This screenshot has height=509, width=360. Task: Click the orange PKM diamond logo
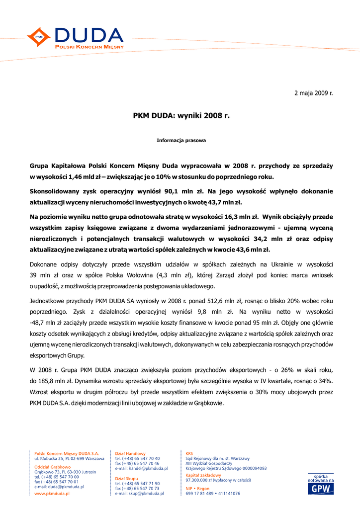(x=39, y=37)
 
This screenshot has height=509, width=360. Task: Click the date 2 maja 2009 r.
(x=313, y=93)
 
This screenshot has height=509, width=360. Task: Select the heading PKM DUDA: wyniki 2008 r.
(x=181, y=116)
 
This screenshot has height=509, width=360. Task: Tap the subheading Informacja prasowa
(x=181, y=141)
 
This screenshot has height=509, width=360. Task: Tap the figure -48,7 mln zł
(x=51, y=323)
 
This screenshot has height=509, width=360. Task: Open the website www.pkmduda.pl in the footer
(x=52, y=494)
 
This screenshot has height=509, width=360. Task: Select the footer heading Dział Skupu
(x=127, y=479)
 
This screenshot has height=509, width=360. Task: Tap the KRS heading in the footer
(x=189, y=453)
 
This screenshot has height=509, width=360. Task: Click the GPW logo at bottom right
(x=320, y=489)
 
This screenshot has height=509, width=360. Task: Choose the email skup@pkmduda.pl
(x=144, y=494)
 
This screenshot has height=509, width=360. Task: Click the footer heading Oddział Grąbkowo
(x=52, y=467)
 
